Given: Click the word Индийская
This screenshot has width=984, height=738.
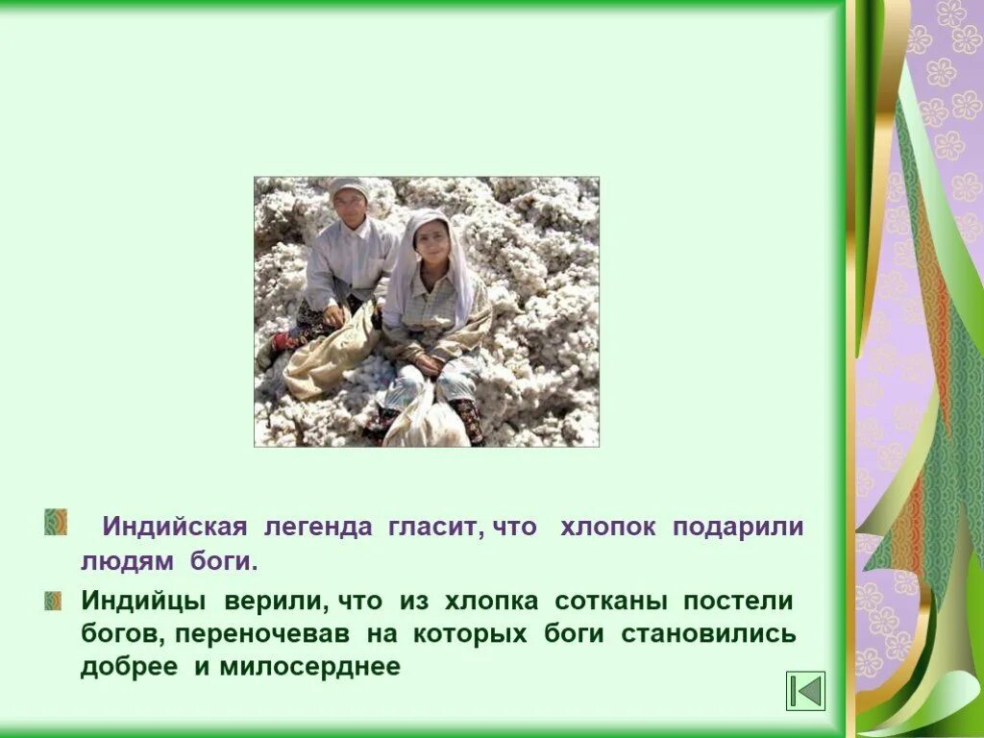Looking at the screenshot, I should pos(176,528).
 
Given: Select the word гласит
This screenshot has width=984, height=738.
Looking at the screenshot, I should pos(434,528).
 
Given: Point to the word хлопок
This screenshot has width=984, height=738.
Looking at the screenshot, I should pos(608,528).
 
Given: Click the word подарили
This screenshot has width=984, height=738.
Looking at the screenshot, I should pos(738,528).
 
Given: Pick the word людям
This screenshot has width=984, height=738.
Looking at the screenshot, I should pos(121,560).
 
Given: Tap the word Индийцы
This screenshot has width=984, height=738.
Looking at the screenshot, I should pos(143,603).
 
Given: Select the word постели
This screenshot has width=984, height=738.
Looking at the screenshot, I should pos(738,603).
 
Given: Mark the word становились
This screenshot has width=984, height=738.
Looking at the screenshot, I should pos(709,635).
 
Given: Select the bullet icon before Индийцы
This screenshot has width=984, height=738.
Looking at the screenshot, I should pos(53,602).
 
